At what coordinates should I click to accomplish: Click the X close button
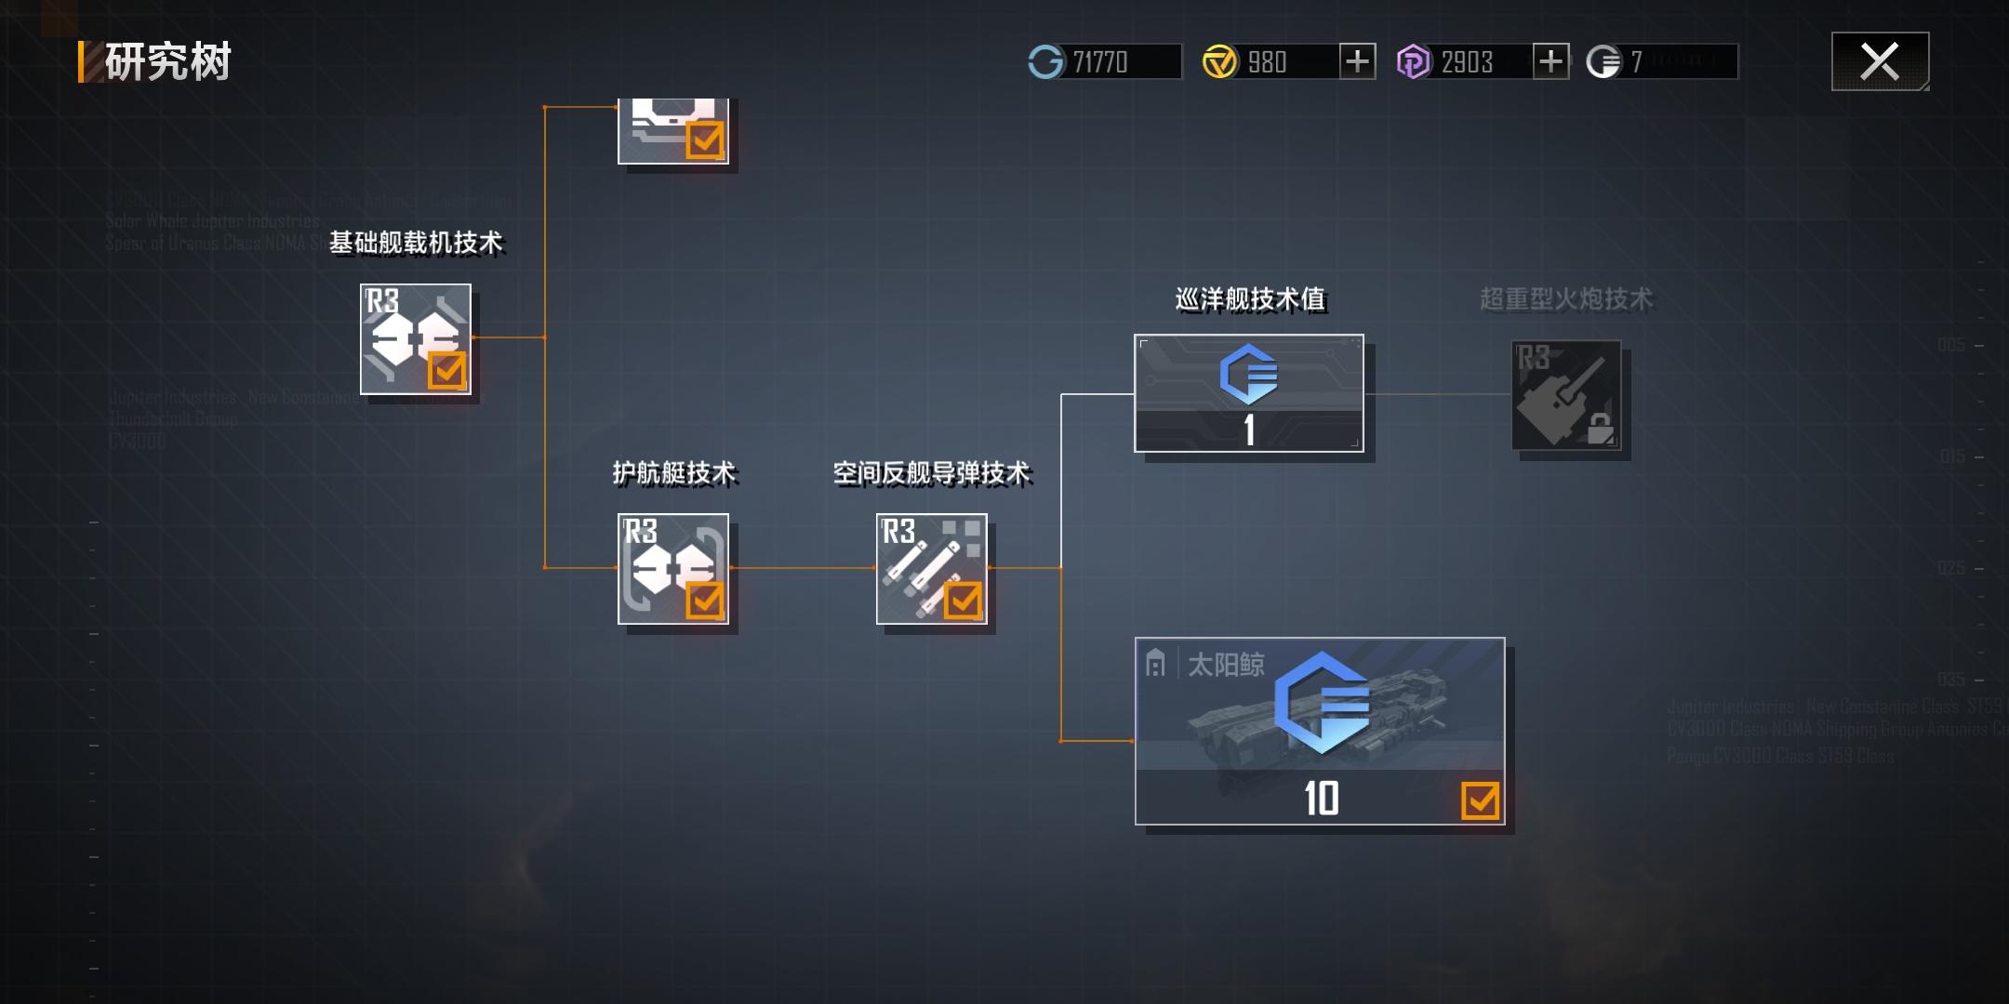[1880, 61]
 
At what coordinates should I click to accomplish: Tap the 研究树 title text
[167, 62]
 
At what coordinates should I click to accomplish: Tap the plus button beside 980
[1357, 61]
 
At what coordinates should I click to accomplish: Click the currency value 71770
[1100, 62]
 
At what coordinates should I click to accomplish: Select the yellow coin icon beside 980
[1219, 62]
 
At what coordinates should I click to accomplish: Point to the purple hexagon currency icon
[1413, 62]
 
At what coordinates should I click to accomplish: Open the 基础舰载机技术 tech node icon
[415, 339]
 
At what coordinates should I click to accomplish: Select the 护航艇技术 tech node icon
[672, 568]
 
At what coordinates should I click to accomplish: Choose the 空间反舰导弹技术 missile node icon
[931, 568]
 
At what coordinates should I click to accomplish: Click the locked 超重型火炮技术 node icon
[1566, 395]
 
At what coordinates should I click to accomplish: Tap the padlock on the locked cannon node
[1600, 429]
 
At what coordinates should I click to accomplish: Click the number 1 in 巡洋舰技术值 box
[1249, 430]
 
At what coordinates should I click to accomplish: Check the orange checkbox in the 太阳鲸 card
[1480, 800]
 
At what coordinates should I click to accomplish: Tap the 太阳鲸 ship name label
[1226, 665]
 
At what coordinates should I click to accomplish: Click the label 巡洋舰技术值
[1250, 298]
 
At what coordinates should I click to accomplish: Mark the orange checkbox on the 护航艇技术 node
[704, 601]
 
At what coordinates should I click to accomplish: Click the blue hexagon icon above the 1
[1248, 374]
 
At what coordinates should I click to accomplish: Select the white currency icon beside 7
[1603, 62]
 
